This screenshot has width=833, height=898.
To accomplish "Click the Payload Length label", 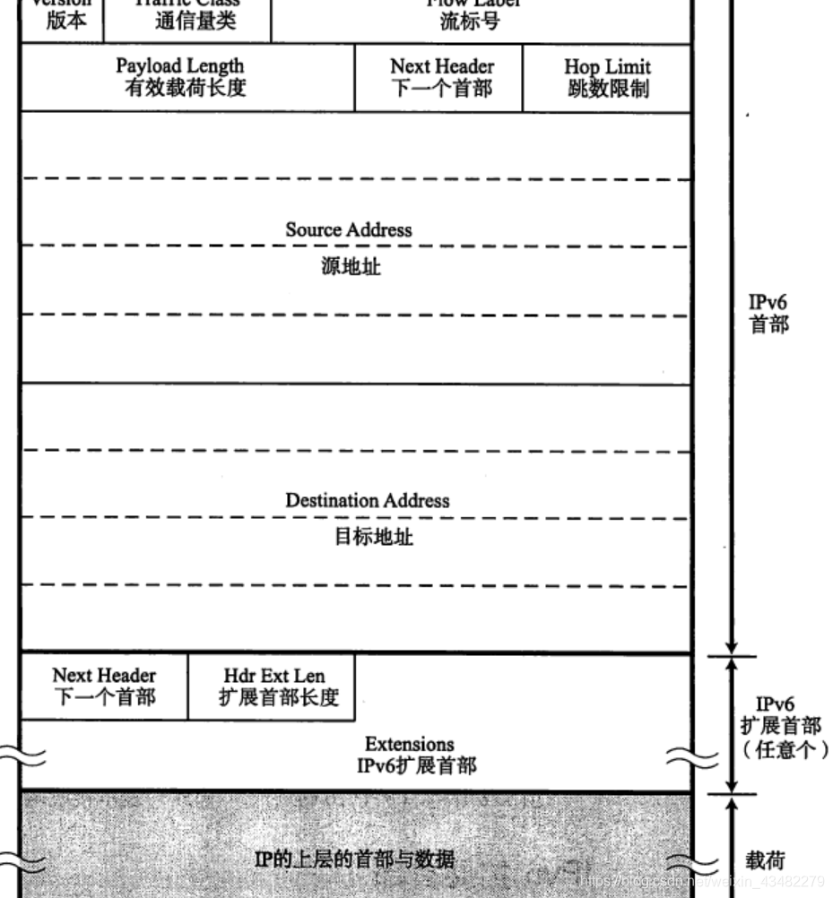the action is pos(179,66).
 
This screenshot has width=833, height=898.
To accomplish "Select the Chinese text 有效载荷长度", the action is pos(185,88).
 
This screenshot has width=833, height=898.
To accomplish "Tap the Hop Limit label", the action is pos(607,67).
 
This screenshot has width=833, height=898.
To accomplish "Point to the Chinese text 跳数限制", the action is pos(608,89).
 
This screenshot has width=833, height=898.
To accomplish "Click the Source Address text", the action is pos(349,229).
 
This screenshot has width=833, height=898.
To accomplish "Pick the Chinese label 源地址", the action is pos(351,266).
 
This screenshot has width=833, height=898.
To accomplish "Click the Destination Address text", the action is pos(368,500).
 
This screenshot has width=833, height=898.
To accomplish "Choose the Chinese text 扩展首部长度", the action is pos(279,697).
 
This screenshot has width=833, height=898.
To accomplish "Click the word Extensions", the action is pos(409,744).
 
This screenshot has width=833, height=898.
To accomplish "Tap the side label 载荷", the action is pos(765,860).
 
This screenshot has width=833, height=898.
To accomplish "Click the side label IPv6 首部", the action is pos(768,314).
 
